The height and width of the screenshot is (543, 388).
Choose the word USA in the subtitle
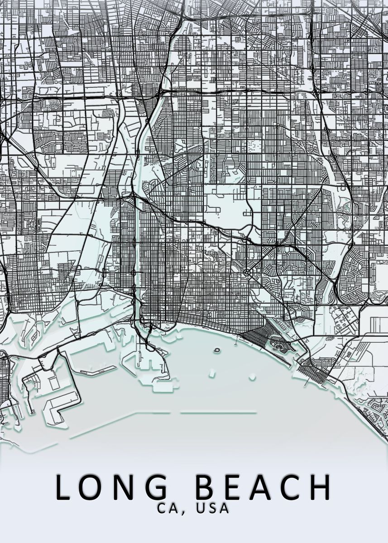[x=213, y=508]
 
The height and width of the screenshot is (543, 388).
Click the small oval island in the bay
[x=216, y=350]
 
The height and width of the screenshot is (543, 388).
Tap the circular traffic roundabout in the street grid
[x=246, y=273]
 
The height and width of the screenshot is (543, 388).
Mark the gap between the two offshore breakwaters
[x=175, y=413]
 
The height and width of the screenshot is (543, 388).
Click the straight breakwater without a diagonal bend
[x=218, y=412]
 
